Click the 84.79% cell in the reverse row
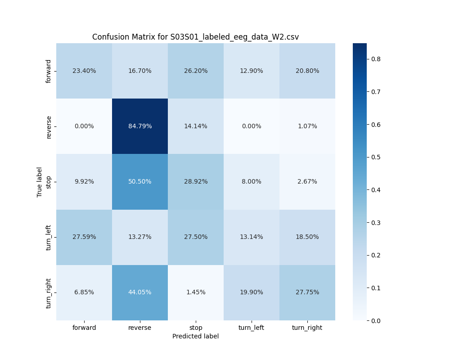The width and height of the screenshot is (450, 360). click(140, 126)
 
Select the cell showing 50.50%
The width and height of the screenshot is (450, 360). click(140, 181)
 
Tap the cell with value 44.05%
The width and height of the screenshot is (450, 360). click(140, 292)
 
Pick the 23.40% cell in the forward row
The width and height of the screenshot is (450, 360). click(84, 71)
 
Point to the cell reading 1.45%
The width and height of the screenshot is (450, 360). click(196, 292)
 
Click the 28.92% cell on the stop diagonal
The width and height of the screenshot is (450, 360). click(196, 181)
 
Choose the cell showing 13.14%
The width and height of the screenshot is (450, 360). click(252, 237)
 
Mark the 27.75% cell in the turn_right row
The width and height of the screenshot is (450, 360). click(307, 292)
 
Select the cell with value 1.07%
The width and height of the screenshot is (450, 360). click(307, 126)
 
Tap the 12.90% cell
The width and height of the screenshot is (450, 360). click(252, 71)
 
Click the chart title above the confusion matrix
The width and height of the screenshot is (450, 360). click(195, 37)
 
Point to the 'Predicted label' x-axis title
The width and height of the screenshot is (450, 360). click(195, 336)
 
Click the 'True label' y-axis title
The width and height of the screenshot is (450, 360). click(40, 182)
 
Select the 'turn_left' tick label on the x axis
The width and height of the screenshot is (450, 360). click(252, 328)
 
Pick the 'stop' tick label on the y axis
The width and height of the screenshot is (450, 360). click(49, 182)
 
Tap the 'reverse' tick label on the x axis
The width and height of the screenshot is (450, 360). click(140, 328)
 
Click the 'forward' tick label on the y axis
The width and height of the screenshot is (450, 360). click(49, 71)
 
